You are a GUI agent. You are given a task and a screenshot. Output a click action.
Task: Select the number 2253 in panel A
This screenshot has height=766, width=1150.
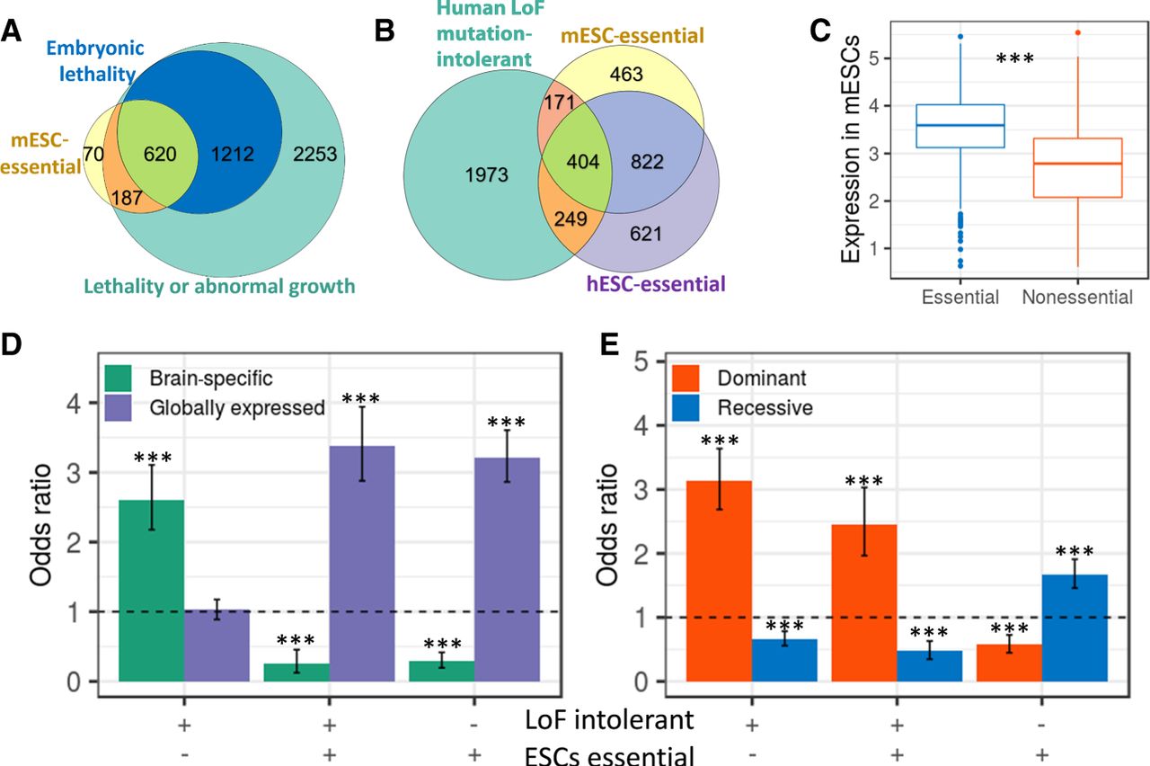pyautogui.click(x=314, y=155)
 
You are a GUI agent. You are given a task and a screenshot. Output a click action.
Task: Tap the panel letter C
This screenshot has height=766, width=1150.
pyautogui.click(x=820, y=31)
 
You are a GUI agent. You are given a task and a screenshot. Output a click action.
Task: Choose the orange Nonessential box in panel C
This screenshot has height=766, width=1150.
pyautogui.click(x=1076, y=167)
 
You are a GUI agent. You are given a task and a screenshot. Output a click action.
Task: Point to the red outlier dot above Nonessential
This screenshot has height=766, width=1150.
pyautogui.click(x=1077, y=33)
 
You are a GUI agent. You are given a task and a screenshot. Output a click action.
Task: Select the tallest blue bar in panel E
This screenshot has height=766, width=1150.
pyautogui.click(x=1075, y=628)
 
